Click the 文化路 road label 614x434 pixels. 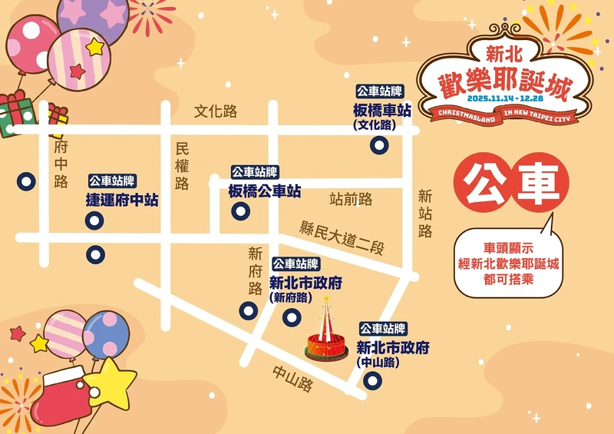point(216,111)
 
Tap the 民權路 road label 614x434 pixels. point(182,166)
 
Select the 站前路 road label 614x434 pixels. point(351,200)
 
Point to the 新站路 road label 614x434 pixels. point(425,214)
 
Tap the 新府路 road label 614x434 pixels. point(256,270)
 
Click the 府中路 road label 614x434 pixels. point(61,164)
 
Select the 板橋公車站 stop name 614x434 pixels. point(265,191)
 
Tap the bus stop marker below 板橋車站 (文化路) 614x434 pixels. point(378,145)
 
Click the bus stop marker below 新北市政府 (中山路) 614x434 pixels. point(372,380)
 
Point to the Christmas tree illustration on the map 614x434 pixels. point(326,332)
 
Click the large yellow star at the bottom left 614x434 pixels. point(108,383)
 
